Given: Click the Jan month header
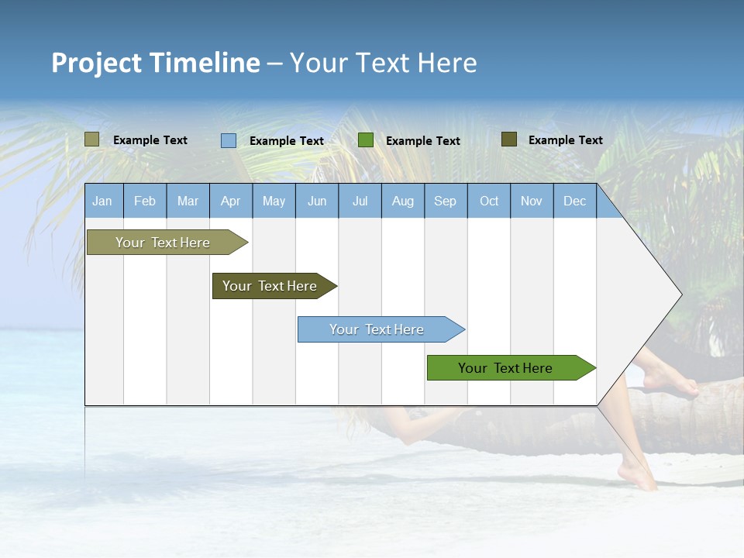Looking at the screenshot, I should tap(103, 201).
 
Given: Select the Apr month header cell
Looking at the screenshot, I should tap(231, 201).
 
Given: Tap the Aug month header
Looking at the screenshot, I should tap(403, 201).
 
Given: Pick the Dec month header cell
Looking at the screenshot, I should tap(574, 201).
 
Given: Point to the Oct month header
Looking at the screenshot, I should tap(489, 201).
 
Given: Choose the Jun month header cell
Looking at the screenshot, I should tap(317, 201).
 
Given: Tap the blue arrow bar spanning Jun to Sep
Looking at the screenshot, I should tap(377, 329).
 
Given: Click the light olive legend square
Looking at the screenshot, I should tap(91, 139).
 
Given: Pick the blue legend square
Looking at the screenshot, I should tap(229, 140).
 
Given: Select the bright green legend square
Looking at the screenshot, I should tap(366, 140).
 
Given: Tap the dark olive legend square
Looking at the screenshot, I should tap(508, 139).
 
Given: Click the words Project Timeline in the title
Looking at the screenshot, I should tap(156, 63).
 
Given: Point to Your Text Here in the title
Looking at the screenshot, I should tap(383, 63).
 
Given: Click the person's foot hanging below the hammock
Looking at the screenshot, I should tap(639, 474).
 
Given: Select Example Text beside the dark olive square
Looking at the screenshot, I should tap(565, 140).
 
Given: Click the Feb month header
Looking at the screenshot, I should tap(145, 201).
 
